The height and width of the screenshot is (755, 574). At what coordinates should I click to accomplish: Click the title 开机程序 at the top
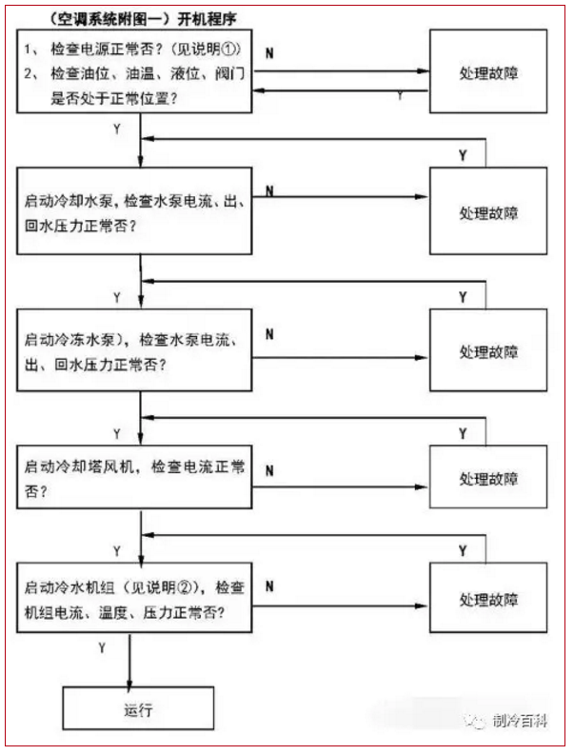pos(207,19)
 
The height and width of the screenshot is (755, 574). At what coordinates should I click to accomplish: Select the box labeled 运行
pos(138,708)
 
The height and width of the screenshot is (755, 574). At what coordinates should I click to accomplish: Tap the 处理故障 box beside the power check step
pos(488,71)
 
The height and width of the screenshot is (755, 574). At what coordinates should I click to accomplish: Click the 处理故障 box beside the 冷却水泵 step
pos(488,211)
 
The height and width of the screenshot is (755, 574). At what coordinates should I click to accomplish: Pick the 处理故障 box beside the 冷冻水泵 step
pos(488,350)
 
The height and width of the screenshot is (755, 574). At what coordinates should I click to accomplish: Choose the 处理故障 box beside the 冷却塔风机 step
pos(488,477)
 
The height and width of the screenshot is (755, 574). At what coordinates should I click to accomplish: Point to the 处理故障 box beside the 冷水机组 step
pos(488,598)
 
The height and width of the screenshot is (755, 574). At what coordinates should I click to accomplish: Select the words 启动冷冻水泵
pos(69,340)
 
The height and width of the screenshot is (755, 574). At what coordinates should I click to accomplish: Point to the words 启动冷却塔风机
pos(79,467)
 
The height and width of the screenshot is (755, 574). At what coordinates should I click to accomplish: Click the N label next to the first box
pos(269,53)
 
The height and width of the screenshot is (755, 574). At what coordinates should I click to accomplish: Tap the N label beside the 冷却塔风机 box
pos(269,470)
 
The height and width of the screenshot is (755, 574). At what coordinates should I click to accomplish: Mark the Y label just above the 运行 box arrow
pos(102,648)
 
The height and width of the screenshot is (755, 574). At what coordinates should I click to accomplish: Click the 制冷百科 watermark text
pos(520,721)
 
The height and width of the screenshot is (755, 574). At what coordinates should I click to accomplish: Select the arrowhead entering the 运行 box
pos(129,683)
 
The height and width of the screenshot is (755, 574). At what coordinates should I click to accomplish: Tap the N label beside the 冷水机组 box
pos(269,586)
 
